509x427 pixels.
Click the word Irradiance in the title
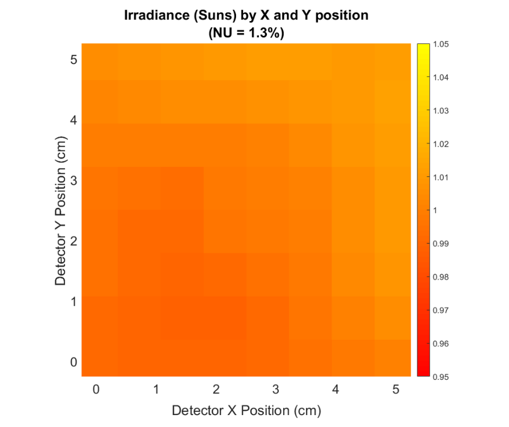click(x=153, y=15)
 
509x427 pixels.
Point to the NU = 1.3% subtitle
click(x=246, y=33)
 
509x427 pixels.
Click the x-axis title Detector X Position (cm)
click(x=246, y=411)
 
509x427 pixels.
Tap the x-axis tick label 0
click(x=96, y=389)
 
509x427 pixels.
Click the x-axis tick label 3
click(x=276, y=389)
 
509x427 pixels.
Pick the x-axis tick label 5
click(x=396, y=389)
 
